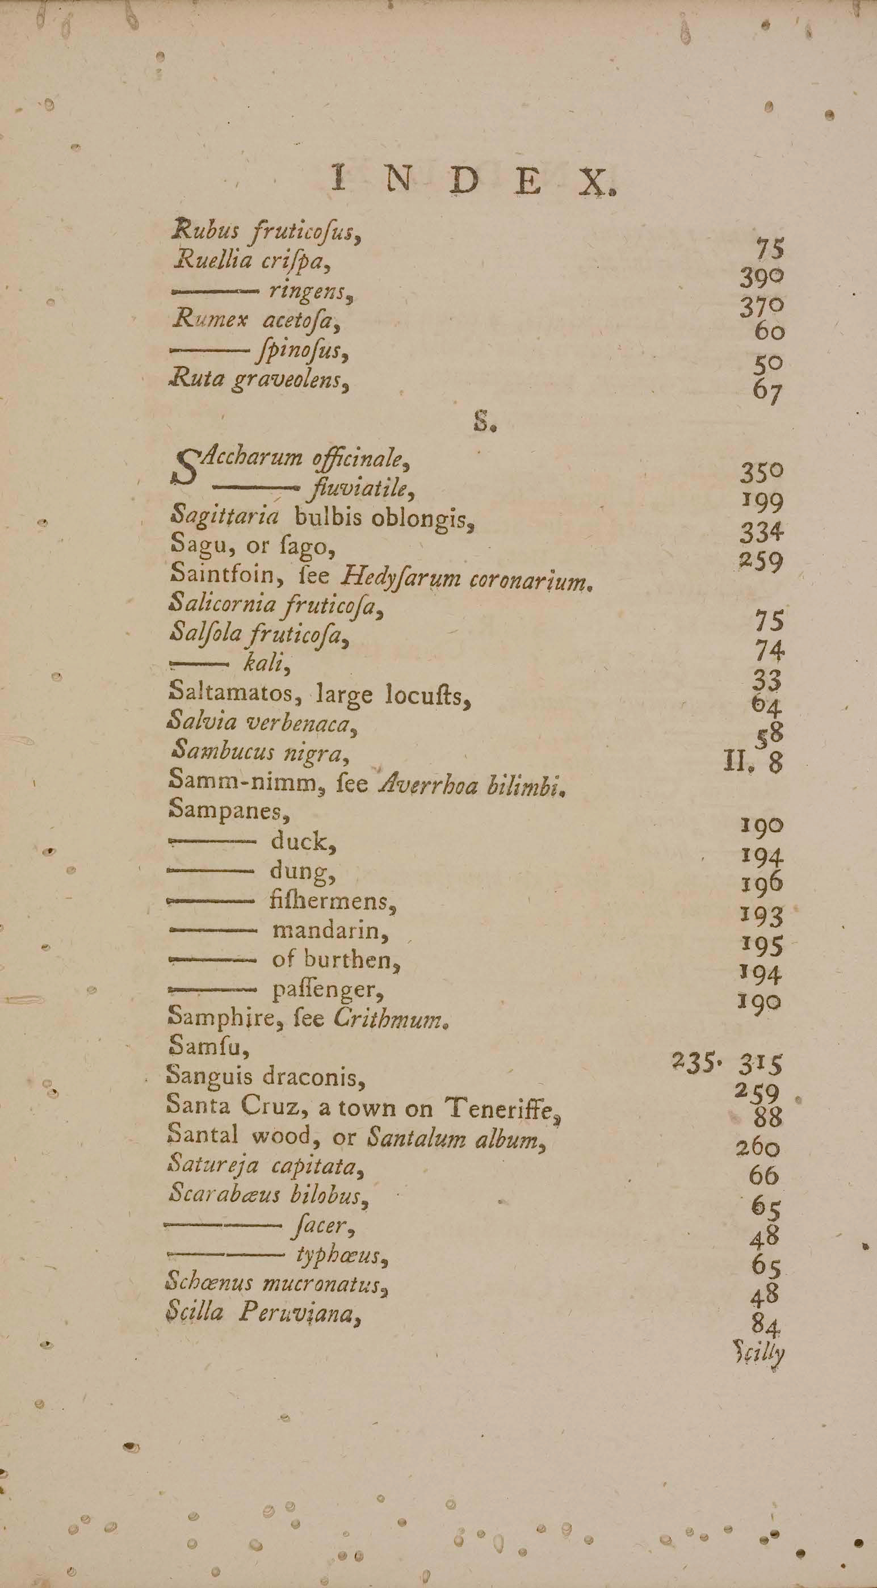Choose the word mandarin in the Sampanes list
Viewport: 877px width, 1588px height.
(x=330, y=930)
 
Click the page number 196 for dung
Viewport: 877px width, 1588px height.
(x=762, y=885)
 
